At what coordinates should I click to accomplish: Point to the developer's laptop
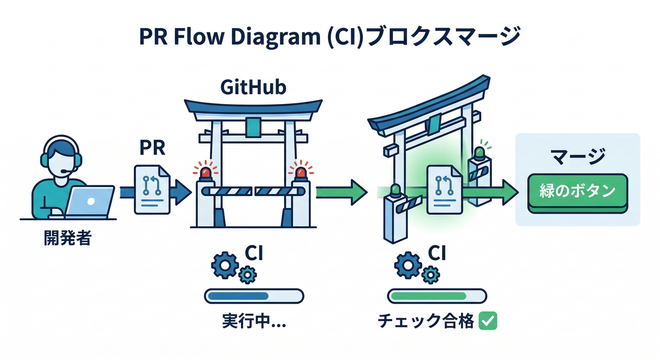point(89,201)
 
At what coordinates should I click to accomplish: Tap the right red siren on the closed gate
point(300,173)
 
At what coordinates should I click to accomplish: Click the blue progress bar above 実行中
point(254,296)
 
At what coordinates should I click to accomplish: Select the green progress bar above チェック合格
point(437,296)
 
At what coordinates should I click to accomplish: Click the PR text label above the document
point(152,149)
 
